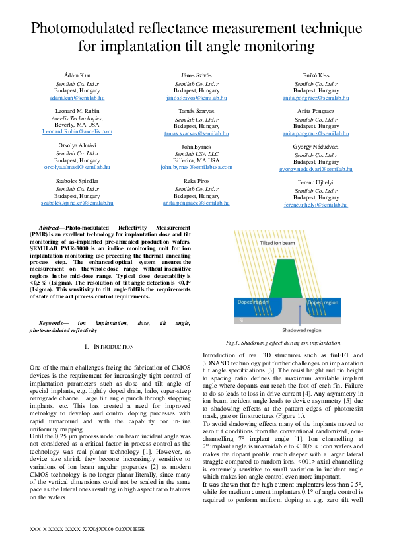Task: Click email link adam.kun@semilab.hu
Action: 77,97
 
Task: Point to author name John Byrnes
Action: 196,146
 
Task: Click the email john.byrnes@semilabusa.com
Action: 196,167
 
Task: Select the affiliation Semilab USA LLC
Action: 196,153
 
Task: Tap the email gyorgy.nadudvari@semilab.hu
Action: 316,169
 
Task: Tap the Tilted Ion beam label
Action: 285,243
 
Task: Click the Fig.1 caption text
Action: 283,343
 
